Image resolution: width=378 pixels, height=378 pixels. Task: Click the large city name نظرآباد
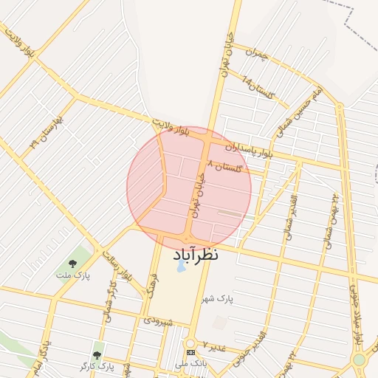pos(197,255)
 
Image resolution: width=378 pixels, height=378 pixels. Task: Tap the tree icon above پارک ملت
pos(72,263)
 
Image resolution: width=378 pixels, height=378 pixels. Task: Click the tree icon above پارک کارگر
pos(97,354)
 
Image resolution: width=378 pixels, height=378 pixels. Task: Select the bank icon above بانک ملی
pos(190,353)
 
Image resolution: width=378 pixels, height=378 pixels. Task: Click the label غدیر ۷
pos(213,346)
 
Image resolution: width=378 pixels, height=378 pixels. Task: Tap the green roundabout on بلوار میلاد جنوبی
pos(360,360)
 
